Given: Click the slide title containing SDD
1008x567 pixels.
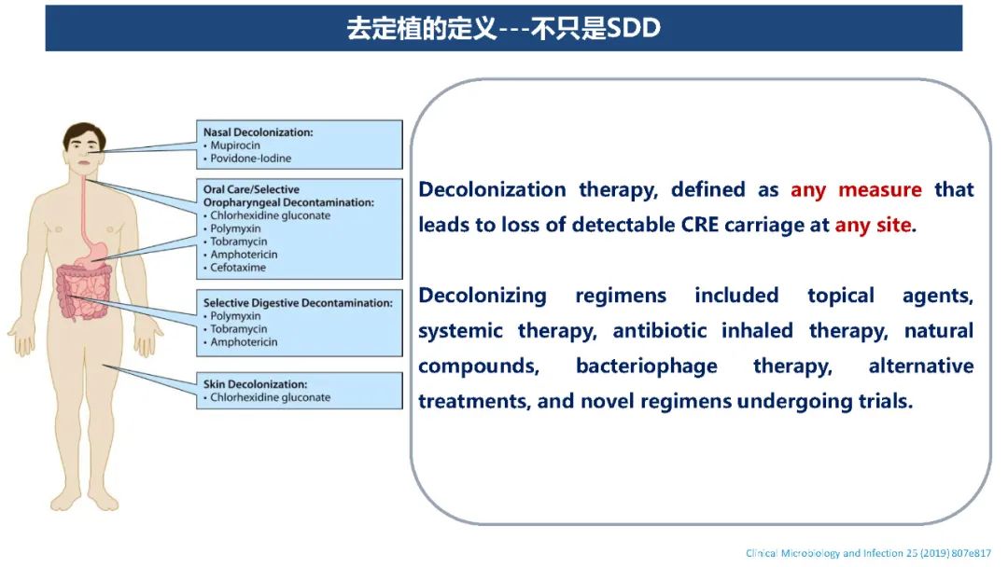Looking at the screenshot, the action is pos(503,28).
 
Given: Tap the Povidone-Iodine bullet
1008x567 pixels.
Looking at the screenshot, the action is pos(247,158).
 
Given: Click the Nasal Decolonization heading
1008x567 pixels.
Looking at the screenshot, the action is pos(259,132).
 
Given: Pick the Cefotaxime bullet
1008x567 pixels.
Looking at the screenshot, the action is pos(234,267).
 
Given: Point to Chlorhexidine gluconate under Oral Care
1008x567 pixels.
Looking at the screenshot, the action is pos(267,215).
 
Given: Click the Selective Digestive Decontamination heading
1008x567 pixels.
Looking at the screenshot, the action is pos(298,302).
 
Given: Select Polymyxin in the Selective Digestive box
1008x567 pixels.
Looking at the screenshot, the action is pos(232,316).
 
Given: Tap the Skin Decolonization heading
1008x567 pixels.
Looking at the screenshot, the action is pos(255,384).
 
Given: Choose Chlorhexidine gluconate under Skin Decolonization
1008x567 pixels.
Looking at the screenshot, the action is pos(267,397).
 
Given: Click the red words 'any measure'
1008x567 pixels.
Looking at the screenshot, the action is pos(856,190).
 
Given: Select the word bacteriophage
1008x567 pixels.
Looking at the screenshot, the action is pos(647,366).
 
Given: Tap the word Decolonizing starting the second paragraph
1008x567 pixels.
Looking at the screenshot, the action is pos(483,296).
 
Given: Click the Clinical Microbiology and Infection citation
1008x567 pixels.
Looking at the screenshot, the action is pos(869,553).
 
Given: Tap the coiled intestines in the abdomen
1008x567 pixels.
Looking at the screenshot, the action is pos(84,293).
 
